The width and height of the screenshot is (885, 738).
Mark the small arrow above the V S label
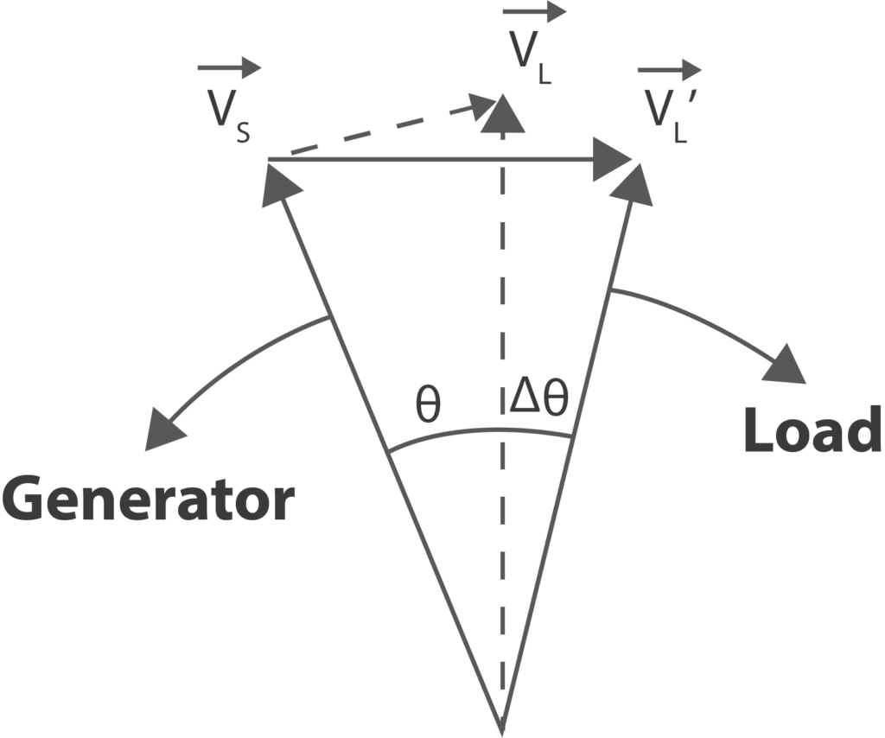coord(228,67)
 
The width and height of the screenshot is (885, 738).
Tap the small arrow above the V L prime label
coord(669,69)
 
